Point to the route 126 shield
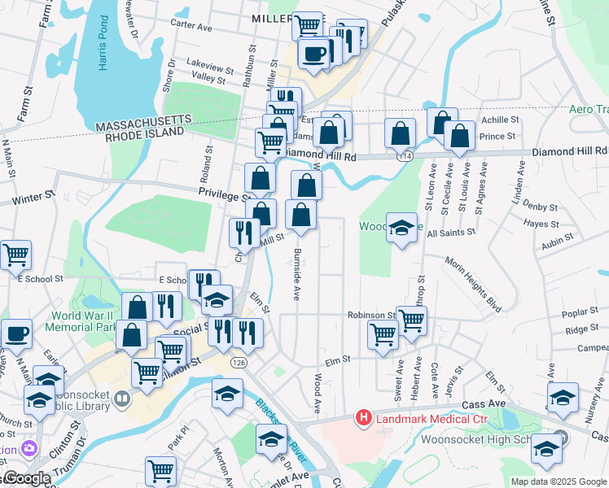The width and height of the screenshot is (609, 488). coord(238,361)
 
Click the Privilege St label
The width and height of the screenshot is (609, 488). coord(223,196)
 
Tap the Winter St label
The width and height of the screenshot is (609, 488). coord(33,197)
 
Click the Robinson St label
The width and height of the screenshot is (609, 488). coord(370,315)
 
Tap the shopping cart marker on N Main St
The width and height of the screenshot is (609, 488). coord(15,255)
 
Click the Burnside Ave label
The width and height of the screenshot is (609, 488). coord(298,272)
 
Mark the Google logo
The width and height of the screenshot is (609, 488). coord(26,479)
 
